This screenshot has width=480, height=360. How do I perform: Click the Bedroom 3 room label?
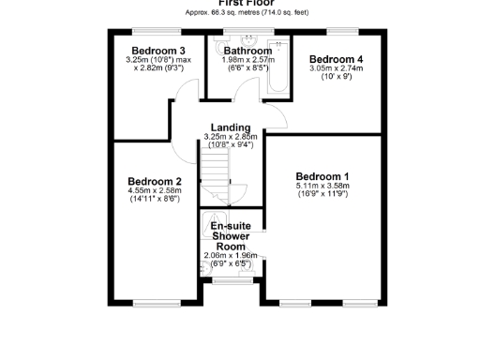pyautogui.click(x=157, y=51)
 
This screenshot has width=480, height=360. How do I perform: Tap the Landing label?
pyautogui.click(x=231, y=127)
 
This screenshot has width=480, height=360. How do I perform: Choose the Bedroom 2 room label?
pyautogui.click(x=155, y=181)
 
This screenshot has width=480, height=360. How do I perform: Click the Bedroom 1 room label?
pyautogui.click(x=322, y=176)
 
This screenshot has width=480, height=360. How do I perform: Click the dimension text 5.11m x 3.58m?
pyautogui.click(x=322, y=186)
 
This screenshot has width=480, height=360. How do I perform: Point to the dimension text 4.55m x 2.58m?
pyautogui.click(x=155, y=191)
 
